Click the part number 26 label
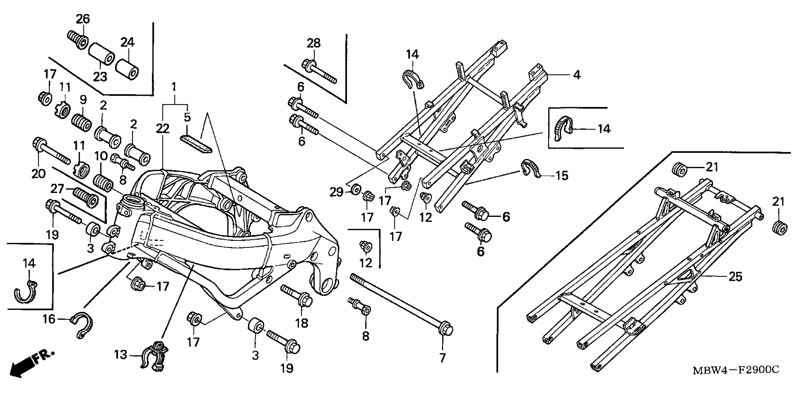point(83,19)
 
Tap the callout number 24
point(127,42)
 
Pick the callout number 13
point(121,355)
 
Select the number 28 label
point(314,43)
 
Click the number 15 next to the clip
point(562,176)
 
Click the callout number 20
point(38,174)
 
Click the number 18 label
point(301,323)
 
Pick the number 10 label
point(101,156)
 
